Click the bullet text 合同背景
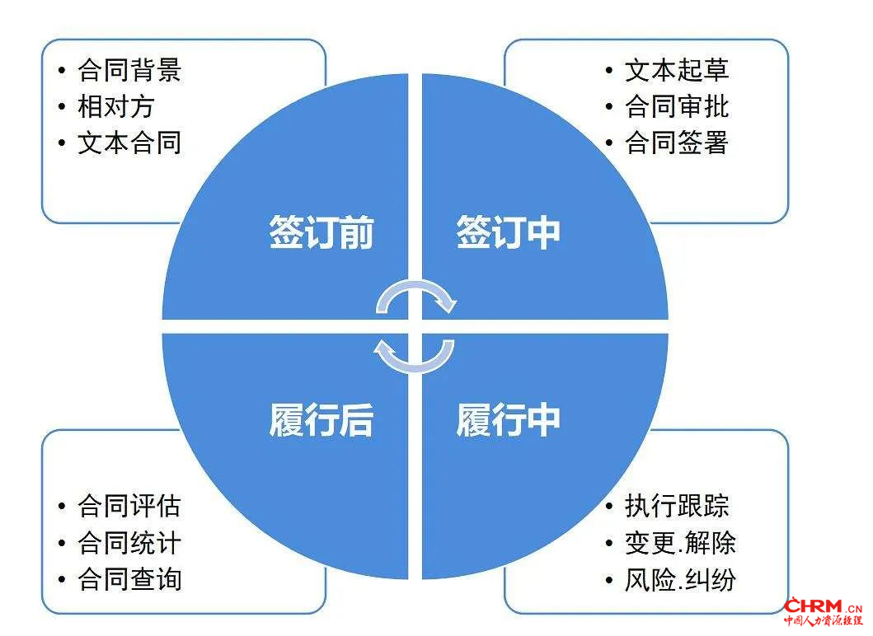click(x=129, y=70)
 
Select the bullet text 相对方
click(x=115, y=106)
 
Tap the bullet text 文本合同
click(x=129, y=143)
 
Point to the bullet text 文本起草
click(x=677, y=70)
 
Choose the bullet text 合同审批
click(x=677, y=106)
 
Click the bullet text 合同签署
click(x=677, y=143)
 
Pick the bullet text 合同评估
click(x=129, y=506)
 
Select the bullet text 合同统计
click(x=129, y=543)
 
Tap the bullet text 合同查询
click(x=129, y=579)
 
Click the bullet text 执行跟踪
click(x=677, y=506)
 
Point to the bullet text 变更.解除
click(x=680, y=543)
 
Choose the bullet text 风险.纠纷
click(x=680, y=579)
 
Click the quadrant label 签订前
click(x=322, y=232)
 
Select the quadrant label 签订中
click(x=509, y=232)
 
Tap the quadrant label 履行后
click(x=322, y=420)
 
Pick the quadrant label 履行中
click(x=509, y=420)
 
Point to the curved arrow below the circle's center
click(x=415, y=367)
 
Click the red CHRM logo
click(x=823, y=611)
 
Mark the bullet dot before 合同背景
click(x=62, y=71)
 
